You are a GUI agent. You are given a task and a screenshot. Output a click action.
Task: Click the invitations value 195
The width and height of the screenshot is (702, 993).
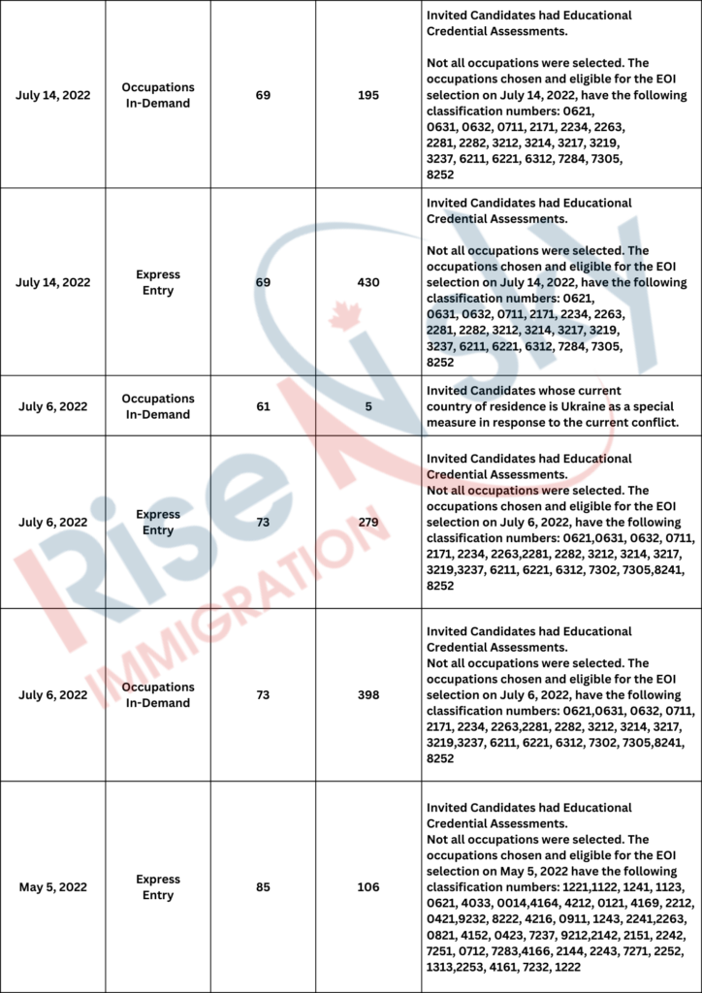pyautogui.click(x=367, y=95)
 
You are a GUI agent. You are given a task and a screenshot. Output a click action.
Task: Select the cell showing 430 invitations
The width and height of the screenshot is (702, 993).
pyautogui.click(x=367, y=282)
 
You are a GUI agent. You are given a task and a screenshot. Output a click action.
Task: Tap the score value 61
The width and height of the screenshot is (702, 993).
pyautogui.click(x=264, y=406)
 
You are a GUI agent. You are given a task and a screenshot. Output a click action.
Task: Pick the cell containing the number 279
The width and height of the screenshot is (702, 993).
pyautogui.click(x=367, y=523)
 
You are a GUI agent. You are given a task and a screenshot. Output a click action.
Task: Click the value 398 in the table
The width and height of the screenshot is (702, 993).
pyautogui.click(x=367, y=694)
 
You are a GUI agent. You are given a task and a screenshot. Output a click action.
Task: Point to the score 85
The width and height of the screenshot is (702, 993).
pyautogui.click(x=264, y=886)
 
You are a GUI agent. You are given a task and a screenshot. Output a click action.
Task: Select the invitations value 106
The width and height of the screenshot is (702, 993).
pyautogui.click(x=367, y=886)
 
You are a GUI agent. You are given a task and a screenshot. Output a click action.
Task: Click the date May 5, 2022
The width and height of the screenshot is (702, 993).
pyautogui.click(x=52, y=886)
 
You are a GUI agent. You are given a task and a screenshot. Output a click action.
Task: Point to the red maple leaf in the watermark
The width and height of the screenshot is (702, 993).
pyautogui.click(x=338, y=316)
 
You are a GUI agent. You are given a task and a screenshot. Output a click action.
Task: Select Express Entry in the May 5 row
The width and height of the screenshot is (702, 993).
pyautogui.click(x=158, y=886)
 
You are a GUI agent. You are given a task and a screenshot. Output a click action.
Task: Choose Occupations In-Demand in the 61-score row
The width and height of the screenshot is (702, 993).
pyautogui.click(x=158, y=406)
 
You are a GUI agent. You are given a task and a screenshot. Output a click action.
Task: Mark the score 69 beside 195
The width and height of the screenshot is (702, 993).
pyautogui.click(x=264, y=95)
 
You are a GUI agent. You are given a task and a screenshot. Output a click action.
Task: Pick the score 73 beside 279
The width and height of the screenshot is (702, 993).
pyautogui.click(x=264, y=523)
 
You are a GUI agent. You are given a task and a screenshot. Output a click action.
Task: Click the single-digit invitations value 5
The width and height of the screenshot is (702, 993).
pyautogui.click(x=367, y=406)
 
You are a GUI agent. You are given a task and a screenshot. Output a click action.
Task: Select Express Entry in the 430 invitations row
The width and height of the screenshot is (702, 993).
pyautogui.click(x=158, y=282)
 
